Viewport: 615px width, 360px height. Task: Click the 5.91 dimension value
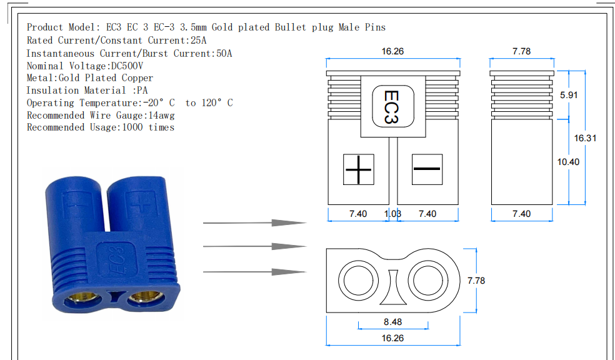(568, 95)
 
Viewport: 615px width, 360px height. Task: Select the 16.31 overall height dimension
(585, 138)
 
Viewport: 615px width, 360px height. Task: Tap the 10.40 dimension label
(568, 162)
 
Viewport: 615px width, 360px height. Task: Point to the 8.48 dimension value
(392, 322)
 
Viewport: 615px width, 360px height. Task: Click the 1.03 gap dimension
(392, 214)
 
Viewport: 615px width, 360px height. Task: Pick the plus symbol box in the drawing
(359, 169)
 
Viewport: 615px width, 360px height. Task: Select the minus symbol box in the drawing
(427, 169)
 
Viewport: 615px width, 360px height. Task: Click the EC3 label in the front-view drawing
(392, 107)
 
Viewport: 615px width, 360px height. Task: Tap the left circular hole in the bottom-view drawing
(359, 281)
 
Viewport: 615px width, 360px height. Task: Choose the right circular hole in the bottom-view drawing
(427, 281)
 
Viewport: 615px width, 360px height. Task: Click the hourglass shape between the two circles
(393, 287)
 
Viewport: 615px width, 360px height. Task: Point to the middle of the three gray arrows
(254, 247)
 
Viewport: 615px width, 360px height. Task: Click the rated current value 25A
(199, 41)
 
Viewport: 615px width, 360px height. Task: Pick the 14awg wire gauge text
(161, 116)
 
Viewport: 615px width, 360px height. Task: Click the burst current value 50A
(224, 53)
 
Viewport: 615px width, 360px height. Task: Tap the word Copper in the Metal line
(137, 78)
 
